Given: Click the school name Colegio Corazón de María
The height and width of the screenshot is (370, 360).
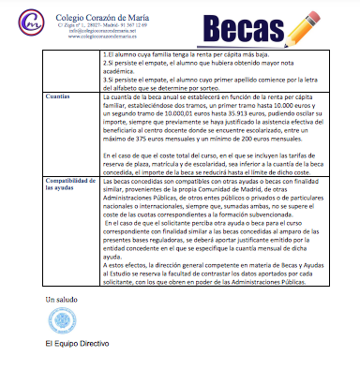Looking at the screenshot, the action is pyautogui.click(x=89, y=11).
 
